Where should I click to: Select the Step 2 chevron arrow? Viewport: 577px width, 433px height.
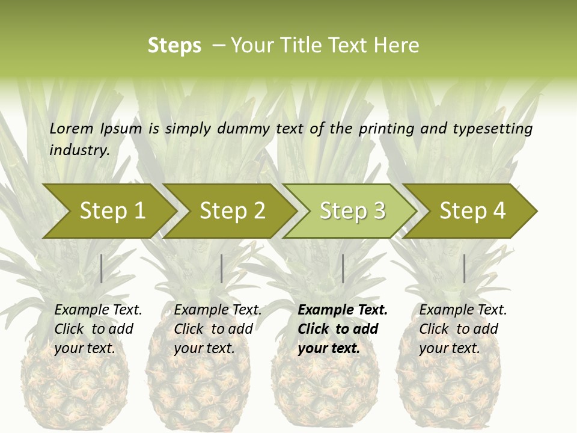click(x=231, y=211)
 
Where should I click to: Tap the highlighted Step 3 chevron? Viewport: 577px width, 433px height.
click(x=352, y=211)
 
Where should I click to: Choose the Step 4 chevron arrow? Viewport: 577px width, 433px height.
click(x=472, y=211)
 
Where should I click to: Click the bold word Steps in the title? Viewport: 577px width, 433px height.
click(x=174, y=46)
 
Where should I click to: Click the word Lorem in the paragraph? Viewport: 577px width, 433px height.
click(x=71, y=128)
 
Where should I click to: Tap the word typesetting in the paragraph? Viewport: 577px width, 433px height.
click(x=492, y=129)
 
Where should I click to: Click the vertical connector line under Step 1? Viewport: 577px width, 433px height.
click(x=102, y=268)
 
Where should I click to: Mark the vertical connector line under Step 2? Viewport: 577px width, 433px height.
click(x=222, y=268)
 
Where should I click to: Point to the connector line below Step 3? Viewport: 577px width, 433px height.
click(x=343, y=268)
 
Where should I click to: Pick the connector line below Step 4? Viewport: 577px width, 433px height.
click(x=464, y=268)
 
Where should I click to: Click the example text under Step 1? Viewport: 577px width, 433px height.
click(x=98, y=329)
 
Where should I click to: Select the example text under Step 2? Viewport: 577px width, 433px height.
click(x=218, y=329)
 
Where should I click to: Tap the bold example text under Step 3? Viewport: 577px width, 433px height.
click(x=343, y=329)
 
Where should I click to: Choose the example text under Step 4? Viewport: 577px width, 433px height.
click(x=463, y=329)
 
